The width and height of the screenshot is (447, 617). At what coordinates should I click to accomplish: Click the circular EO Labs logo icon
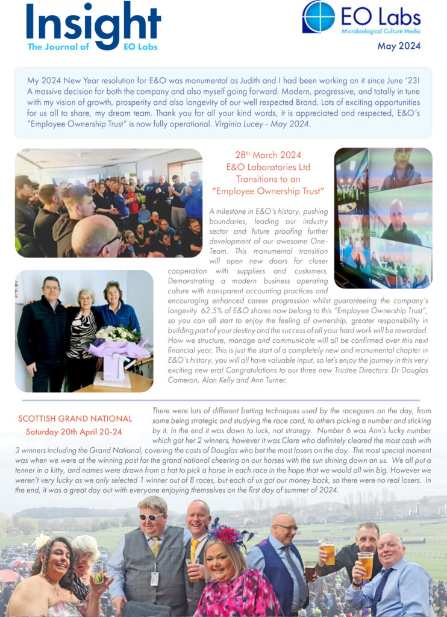(x=319, y=17)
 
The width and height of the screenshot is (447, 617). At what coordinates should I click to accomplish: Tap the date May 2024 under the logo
(x=399, y=46)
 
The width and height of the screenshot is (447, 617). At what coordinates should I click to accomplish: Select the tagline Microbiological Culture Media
(x=381, y=31)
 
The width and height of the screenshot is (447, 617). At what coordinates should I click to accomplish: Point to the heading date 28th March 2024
(x=268, y=155)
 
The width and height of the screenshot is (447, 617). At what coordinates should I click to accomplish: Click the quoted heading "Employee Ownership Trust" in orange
(x=268, y=190)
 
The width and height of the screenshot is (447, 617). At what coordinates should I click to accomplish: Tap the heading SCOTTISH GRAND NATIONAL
(x=75, y=418)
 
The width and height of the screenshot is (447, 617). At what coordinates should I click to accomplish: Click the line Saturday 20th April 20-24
(x=73, y=432)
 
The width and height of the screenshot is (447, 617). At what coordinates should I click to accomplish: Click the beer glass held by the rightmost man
(x=365, y=564)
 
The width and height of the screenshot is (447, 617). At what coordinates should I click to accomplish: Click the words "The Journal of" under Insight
(x=58, y=47)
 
